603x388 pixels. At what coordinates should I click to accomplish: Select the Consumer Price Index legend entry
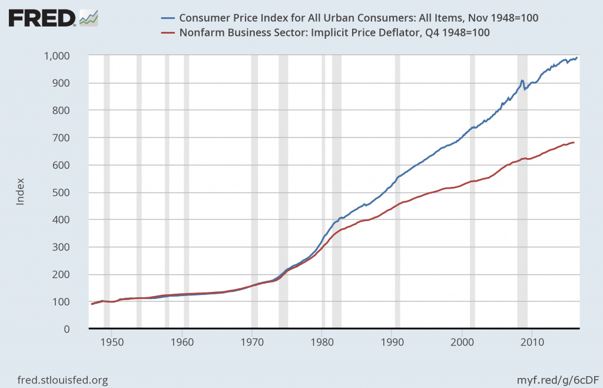tap(359, 18)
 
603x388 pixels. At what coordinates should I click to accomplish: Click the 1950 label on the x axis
tap(112, 342)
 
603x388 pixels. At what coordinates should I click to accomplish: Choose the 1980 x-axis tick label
tap(322, 342)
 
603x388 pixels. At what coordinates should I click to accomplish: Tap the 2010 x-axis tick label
tap(532, 342)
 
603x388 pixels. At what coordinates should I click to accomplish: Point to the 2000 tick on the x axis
tap(462, 342)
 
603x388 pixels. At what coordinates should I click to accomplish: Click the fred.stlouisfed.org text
tap(63, 380)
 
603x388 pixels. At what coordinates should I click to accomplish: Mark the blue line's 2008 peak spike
tap(522, 81)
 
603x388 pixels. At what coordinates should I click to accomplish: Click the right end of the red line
tap(574, 143)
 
